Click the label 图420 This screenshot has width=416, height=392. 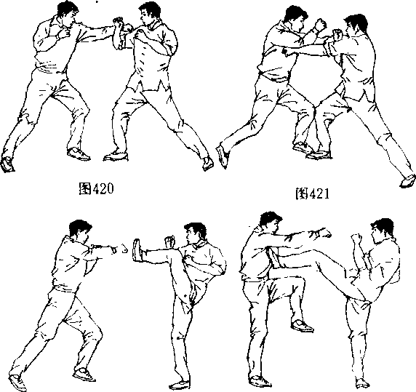coord(96,189)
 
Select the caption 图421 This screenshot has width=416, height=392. coord(312,194)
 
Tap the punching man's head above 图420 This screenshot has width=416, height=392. coord(68,13)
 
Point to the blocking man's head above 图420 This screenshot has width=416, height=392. coord(149,14)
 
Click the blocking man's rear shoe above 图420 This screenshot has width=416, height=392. coord(208,163)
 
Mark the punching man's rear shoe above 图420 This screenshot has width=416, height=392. coord(7,164)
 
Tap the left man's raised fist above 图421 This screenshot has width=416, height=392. coord(320,25)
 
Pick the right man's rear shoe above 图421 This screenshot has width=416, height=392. coord(408,181)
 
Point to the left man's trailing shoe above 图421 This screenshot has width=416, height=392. coord(223,156)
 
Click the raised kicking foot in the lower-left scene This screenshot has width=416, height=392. coord(137,250)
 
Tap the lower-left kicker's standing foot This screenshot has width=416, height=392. coord(180,385)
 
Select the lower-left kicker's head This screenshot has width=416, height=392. coord(196,233)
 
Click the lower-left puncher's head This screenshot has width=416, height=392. coord(79,231)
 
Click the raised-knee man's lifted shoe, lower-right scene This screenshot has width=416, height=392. coord(302,326)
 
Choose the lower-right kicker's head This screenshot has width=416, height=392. coord(382,230)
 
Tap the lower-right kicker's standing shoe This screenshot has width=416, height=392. coord(362,383)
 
